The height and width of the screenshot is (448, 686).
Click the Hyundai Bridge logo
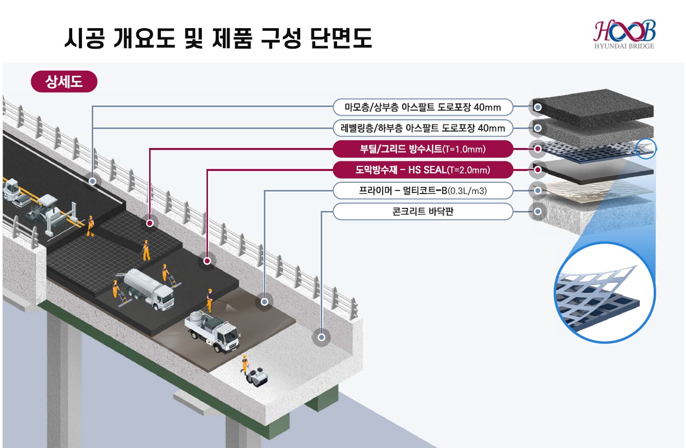(x=624, y=35)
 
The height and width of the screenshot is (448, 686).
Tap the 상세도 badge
(x=64, y=81)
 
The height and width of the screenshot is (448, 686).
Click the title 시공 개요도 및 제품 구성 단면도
(x=218, y=38)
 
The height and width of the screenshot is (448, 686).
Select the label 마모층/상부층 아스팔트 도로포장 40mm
(x=422, y=107)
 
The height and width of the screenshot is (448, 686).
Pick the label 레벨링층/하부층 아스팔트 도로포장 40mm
(x=422, y=128)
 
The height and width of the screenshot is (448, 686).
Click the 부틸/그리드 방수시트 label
(x=422, y=149)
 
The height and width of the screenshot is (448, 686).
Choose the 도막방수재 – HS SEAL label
(x=422, y=169)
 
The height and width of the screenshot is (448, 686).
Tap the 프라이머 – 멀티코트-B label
(x=422, y=190)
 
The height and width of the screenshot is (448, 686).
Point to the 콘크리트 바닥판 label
(x=422, y=211)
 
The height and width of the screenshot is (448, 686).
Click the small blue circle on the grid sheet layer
(x=646, y=149)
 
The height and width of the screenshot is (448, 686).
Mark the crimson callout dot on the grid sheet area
(x=150, y=223)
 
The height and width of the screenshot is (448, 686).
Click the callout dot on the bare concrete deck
(x=321, y=337)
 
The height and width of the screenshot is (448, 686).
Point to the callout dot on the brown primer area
(x=264, y=302)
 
